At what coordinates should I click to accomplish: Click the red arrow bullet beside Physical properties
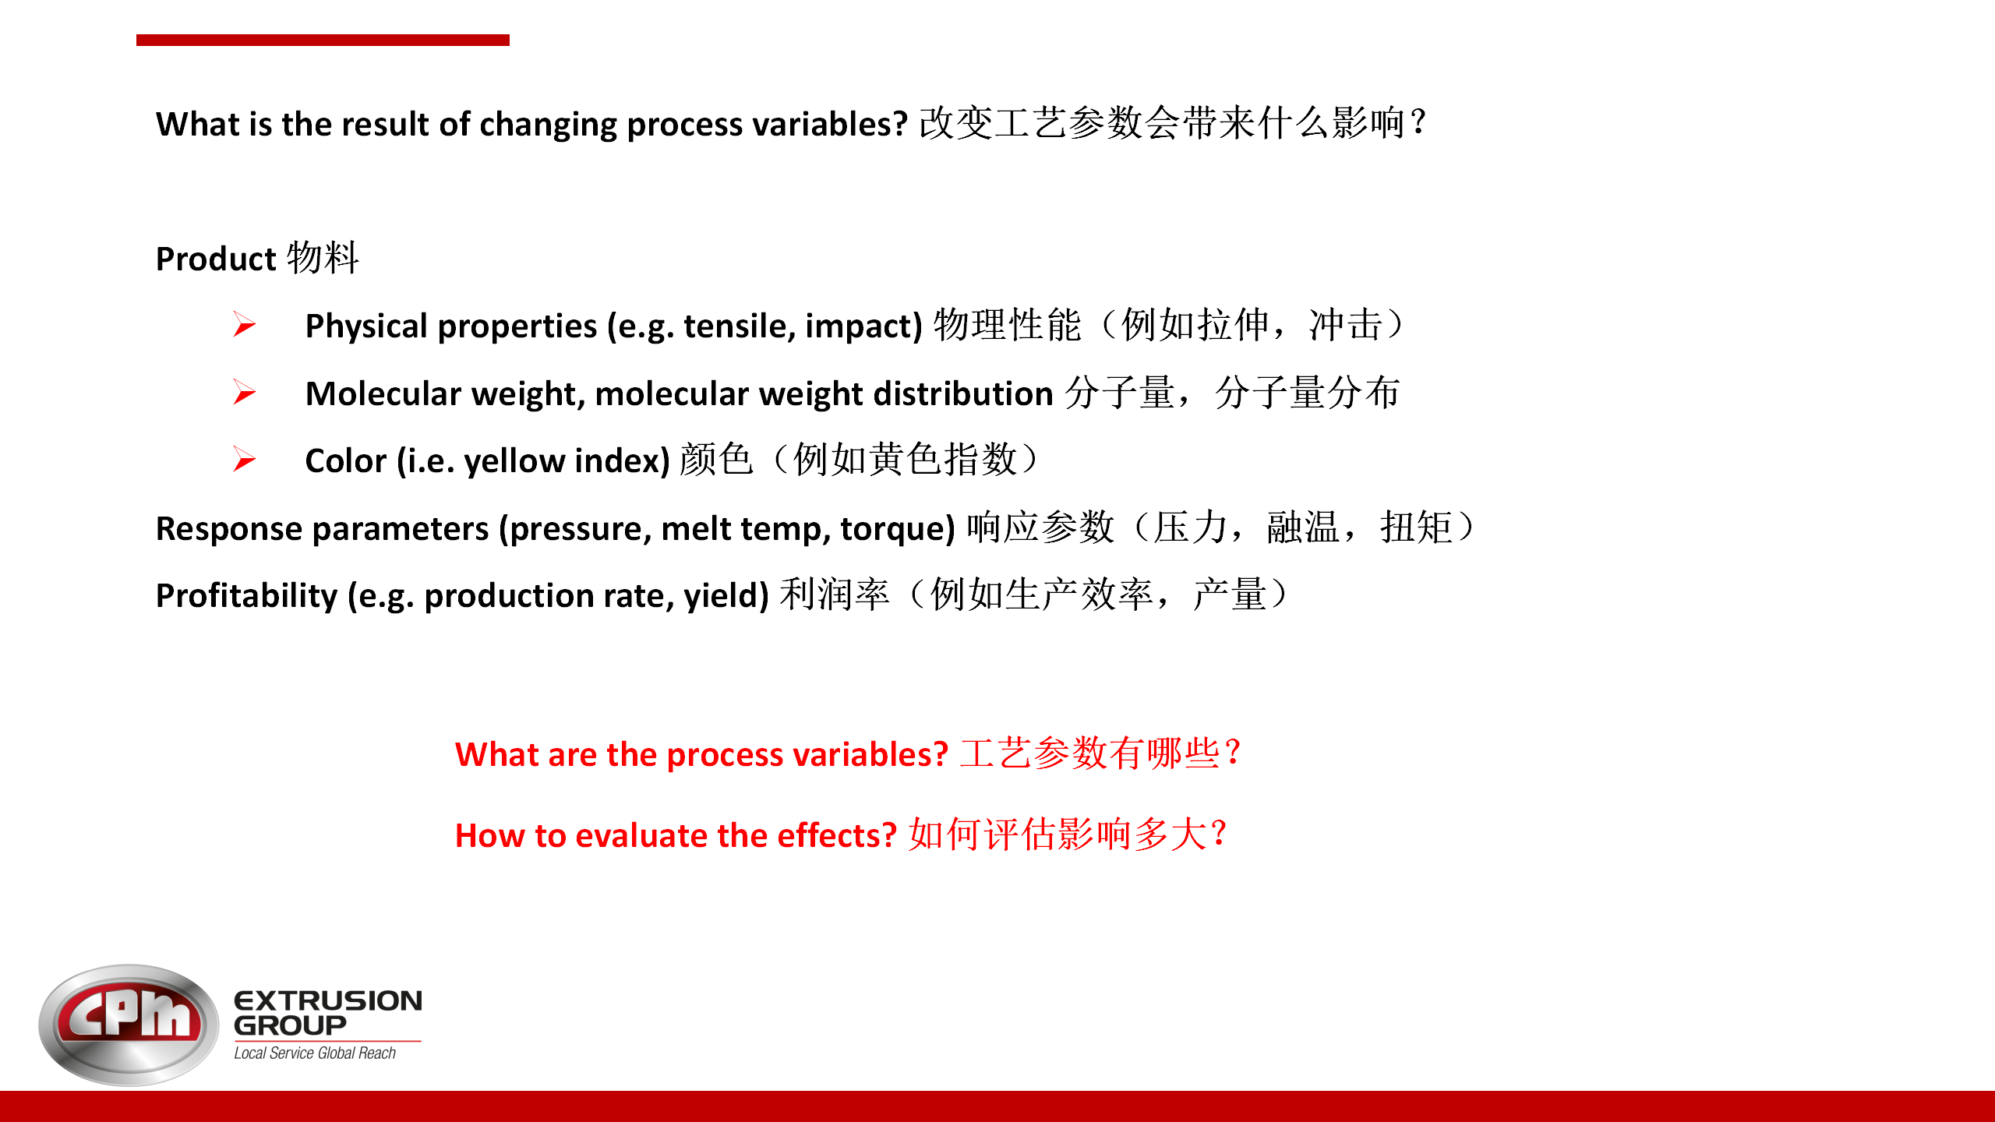tap(244, 324)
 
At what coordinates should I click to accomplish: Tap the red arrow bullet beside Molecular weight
tap(244, 392)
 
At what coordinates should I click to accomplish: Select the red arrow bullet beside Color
tap(244, 459)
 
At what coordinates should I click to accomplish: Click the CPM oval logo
tap(129, 1025)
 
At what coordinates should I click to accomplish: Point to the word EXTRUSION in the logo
tap(328, 1000)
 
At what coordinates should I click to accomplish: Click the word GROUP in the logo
tap(290, 1025)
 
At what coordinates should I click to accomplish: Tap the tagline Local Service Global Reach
tap(315, 1053)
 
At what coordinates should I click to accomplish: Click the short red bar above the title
tap(323, 40)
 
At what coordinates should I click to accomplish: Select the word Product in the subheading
tap(216, 259)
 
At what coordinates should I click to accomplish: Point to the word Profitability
tap(247, 596)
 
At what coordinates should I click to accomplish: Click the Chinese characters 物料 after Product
tap(323, 257)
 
